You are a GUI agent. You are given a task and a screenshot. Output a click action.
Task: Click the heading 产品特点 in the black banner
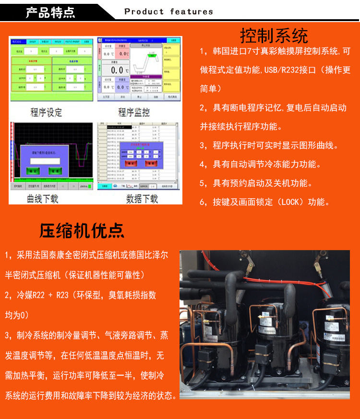click(50, 12)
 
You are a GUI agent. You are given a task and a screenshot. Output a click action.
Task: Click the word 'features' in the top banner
click(192, 12)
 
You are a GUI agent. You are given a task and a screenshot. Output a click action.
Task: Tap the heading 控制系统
click(274, 36)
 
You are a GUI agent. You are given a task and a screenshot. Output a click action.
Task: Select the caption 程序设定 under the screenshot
click(46, 112)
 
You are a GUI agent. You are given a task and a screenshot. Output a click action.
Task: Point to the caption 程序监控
click(134, 112)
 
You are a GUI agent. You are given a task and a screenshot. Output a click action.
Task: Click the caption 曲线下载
click(42, 198)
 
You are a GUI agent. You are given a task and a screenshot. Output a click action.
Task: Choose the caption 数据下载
click(142, 198)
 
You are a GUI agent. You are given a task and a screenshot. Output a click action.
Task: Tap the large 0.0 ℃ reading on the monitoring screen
click(117, 71)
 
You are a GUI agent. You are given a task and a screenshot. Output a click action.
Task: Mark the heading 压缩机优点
click(82, 231)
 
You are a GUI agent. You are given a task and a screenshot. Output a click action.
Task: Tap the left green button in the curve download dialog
click(34, 171)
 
